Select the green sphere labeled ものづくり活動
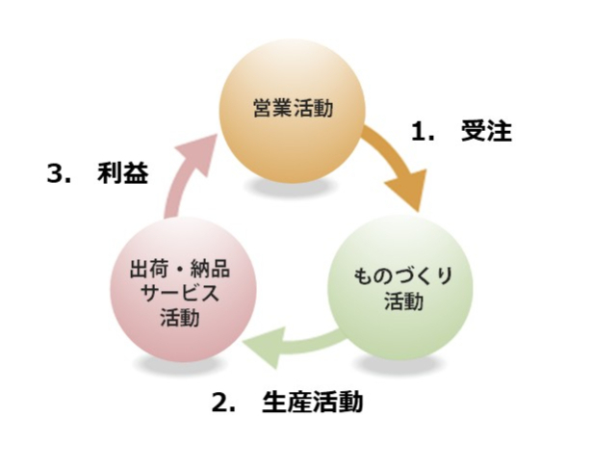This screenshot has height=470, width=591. (399, 290)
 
